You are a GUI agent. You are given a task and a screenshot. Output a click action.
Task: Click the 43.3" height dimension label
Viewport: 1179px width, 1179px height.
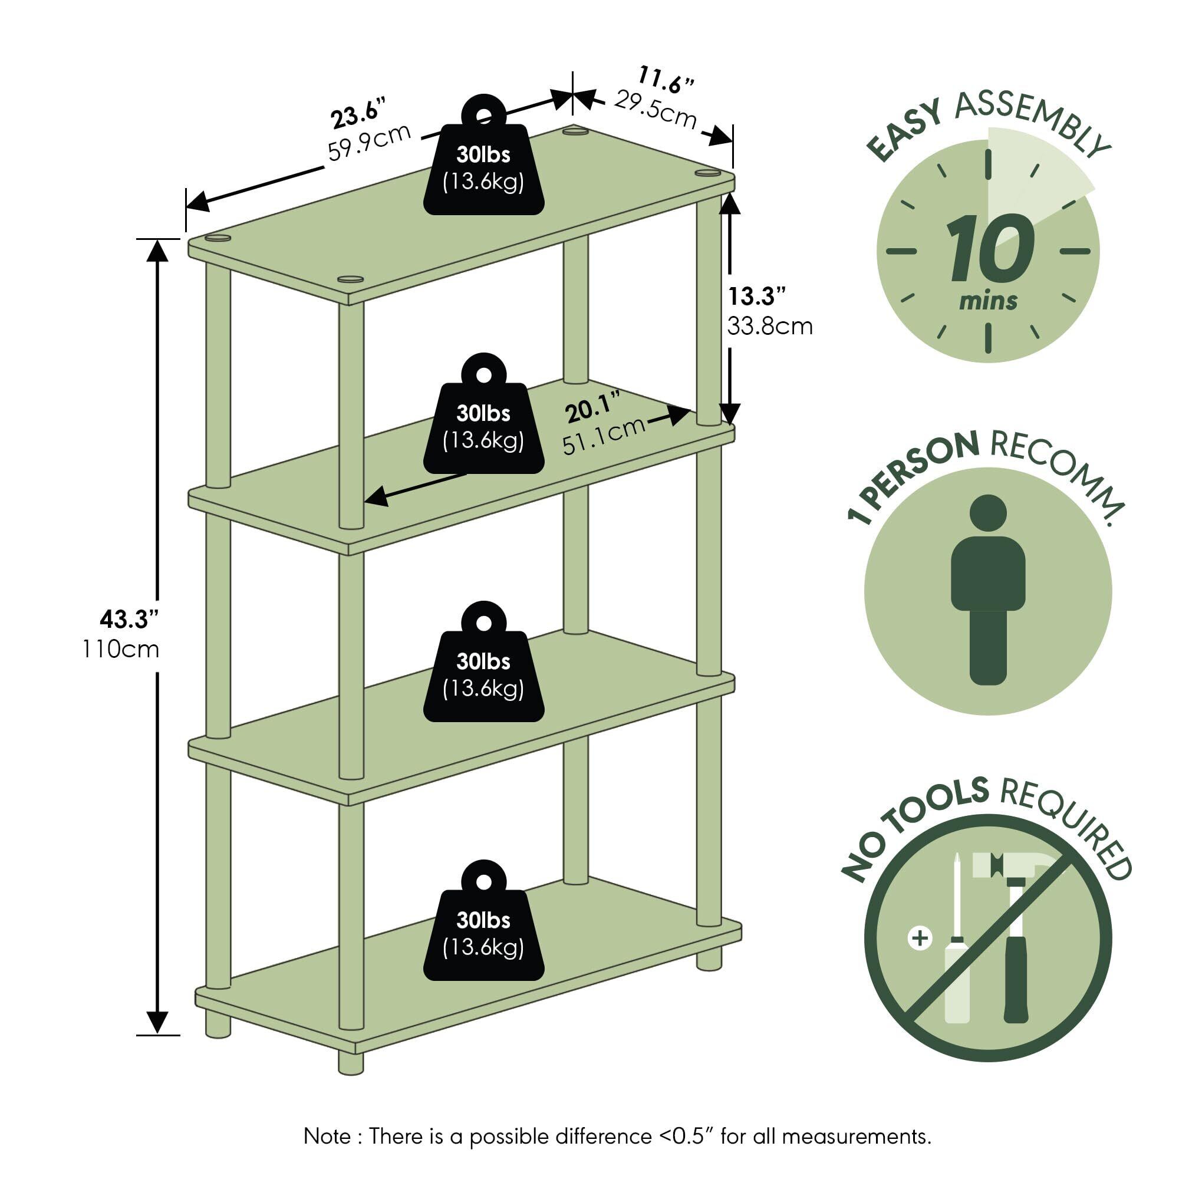[x=129, y=620]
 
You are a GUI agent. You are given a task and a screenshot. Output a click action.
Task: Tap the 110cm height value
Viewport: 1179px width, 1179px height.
[x=121, y=649]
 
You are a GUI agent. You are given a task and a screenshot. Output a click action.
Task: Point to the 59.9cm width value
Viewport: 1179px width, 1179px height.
[x=369, y=143]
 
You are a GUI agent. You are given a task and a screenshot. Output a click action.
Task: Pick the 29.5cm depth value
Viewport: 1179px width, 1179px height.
[x=655, y=109]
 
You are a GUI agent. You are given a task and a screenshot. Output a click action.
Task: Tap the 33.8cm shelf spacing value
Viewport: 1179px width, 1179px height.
[x=770, y=327]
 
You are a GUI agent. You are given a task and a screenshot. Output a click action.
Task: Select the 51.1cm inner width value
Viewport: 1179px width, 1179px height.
[x=604, y=435]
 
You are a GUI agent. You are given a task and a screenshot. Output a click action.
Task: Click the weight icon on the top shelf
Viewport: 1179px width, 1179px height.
[x=483, y=155]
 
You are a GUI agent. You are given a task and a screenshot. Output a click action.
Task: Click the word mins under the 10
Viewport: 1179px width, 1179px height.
[x=988, y=301]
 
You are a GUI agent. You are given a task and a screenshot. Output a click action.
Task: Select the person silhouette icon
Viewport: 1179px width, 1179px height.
[x=988, y=589]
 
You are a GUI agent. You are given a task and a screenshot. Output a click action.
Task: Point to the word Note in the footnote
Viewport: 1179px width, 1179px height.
[x=327, y=1137]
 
